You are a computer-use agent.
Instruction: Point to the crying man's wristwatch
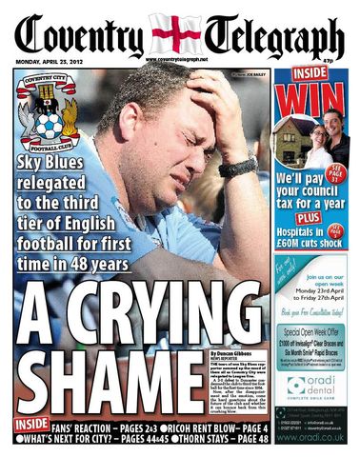[x=237, y=168]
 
